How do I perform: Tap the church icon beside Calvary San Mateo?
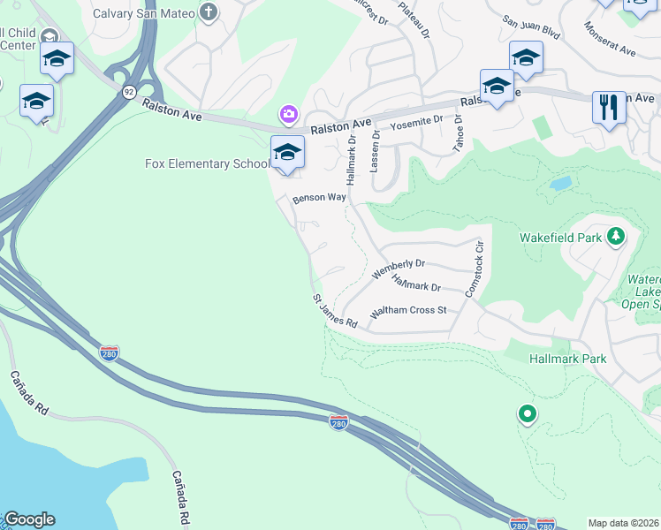[x=208, y=11]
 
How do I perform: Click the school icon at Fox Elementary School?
[x=287, y=152]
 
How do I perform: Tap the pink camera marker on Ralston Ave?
[x=288, y=114]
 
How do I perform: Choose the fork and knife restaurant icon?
[x=609, y=108]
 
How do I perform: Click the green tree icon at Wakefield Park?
[x=616, y=236]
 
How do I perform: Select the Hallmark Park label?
[x=567, y=359]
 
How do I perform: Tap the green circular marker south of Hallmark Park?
[x=527, y=413]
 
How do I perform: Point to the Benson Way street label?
[x=320, y=198]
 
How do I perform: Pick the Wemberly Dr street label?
[x=399, y=269]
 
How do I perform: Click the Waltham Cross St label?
[x=409, y=311]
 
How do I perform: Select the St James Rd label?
[x=334, y=313]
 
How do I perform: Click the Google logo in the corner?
[x=29, y=519]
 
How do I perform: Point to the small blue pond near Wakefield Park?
[x=559, y=185]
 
